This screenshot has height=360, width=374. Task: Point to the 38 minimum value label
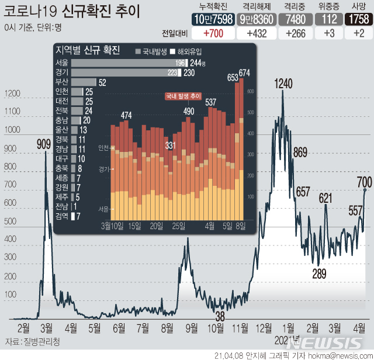click(220, 316)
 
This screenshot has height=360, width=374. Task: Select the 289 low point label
click(318, 272)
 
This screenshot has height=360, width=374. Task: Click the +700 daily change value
click(210, 33)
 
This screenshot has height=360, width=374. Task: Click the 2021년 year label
click(286, 339)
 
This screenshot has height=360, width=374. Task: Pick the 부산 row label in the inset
click(61, 82)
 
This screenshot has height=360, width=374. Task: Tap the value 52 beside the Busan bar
click(102, 82)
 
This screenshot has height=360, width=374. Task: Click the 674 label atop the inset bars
click(244, 73)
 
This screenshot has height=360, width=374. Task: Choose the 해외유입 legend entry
click(187, 51)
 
